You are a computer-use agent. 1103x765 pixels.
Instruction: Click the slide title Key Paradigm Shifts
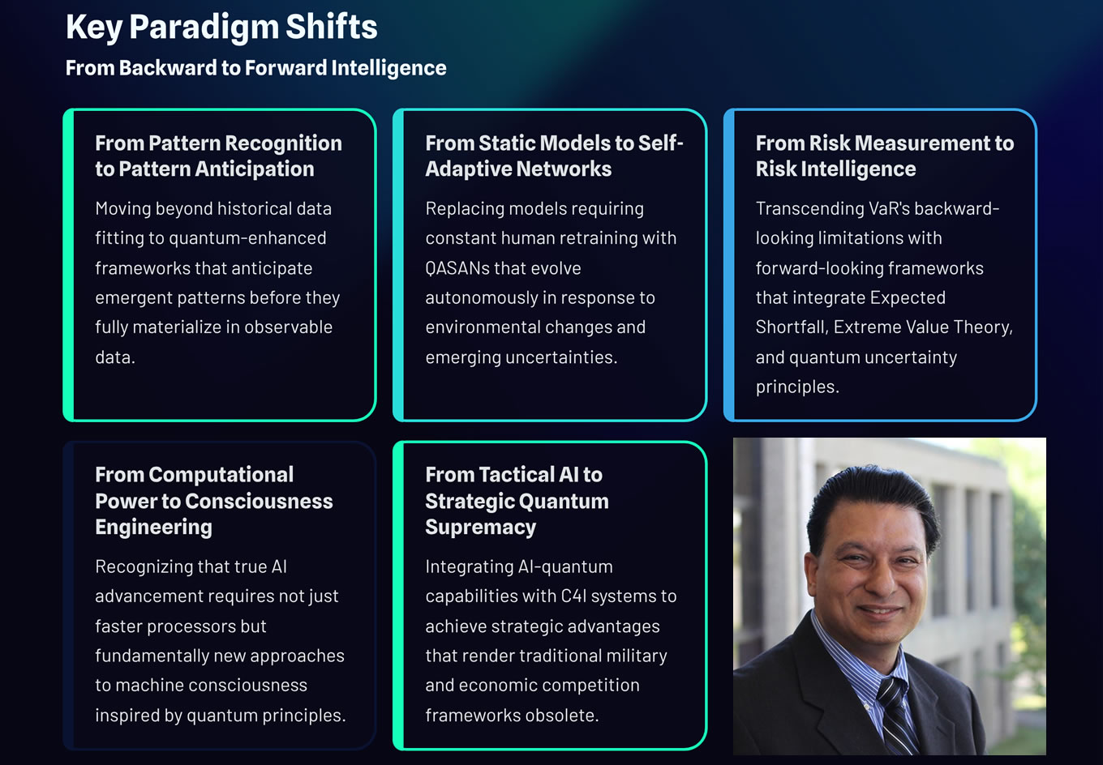coord(221,28)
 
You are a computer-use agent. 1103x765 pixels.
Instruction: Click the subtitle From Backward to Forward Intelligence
coord(255,68)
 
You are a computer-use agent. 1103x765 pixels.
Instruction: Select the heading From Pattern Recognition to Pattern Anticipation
coord(218,156)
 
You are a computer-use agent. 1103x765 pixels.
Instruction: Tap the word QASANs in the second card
coord(458,268)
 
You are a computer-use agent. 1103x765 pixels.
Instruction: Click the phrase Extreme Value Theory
coord(922,327)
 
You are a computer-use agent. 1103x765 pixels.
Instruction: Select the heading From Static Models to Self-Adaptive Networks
coord(554,156)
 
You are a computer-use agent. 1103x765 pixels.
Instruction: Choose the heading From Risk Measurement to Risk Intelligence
coord(884,156)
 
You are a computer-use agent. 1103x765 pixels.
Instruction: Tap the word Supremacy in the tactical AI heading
coord(480,528)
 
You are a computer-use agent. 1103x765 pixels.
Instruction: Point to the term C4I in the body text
coord(573,596)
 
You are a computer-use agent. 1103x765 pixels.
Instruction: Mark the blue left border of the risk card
coord(729,265)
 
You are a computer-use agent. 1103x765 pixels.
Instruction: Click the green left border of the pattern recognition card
coord(69,265)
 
